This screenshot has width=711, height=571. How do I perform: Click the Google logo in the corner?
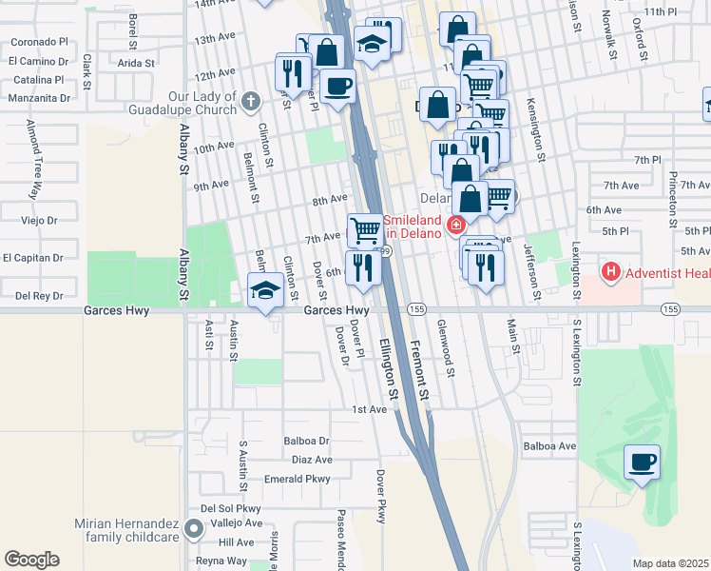31,560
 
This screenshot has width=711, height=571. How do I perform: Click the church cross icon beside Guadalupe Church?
250,101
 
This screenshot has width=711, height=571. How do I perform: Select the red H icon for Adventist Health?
611,273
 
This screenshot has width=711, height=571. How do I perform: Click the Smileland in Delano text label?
413,226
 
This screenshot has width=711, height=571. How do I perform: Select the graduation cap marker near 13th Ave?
372,43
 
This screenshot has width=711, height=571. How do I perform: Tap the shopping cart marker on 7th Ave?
365,229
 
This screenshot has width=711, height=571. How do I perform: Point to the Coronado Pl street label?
38,43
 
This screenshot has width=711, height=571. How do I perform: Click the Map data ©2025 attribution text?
670,563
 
